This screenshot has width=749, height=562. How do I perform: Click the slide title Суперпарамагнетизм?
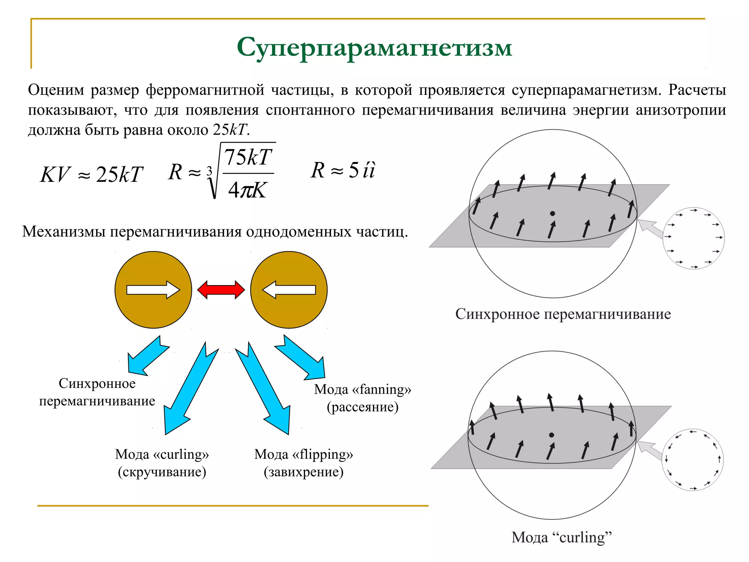[374, 48]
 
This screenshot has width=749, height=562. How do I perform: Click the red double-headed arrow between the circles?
[221, 290]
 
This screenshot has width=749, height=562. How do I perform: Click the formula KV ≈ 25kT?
[91, 175]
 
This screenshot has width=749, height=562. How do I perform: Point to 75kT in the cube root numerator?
[248, 158]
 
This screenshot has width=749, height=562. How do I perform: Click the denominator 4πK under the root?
[247, 190]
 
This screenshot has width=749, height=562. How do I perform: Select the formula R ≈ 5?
[343, 171]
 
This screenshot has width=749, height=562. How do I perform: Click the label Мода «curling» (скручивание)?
[162, 463]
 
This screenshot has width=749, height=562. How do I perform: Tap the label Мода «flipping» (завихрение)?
[304, 463]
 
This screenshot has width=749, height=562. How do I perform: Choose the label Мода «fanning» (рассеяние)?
[362, 398]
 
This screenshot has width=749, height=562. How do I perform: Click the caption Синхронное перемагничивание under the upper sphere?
[563, 314]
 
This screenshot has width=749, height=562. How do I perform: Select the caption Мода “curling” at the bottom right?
[561, 537]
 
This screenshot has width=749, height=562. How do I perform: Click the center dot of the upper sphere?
[553, 213]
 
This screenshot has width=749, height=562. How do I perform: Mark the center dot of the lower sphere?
[552, 435]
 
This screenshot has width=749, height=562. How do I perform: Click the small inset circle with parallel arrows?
[693, 238]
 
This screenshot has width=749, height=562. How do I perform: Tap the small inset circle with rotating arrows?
[693, 460]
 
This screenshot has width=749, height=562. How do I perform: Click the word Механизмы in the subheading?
[64, 232]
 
